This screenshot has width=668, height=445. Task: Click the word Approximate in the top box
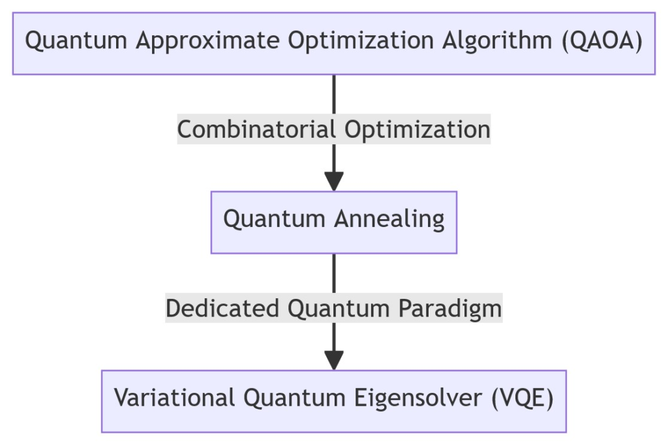207,41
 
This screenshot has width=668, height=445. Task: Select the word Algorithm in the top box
496,40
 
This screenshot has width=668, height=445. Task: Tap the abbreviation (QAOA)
602,41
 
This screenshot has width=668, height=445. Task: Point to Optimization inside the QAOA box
360,41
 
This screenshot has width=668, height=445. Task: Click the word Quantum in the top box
76,41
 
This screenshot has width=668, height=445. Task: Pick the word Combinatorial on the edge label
256,129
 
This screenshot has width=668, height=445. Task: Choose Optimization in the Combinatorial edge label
417,130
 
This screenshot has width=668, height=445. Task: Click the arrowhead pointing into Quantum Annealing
334,181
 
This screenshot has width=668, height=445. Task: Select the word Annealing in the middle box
389,219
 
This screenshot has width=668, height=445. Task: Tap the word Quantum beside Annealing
275,219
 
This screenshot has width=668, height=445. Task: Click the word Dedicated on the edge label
222,308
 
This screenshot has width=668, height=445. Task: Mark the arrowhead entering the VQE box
334,361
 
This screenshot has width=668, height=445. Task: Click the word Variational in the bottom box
174,397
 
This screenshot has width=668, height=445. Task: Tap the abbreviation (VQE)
523,398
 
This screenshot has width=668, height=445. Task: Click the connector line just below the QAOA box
334,95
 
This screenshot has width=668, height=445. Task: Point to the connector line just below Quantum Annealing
334,273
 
